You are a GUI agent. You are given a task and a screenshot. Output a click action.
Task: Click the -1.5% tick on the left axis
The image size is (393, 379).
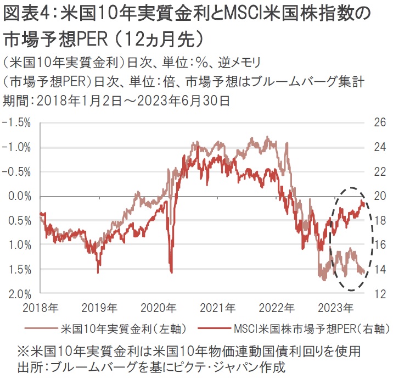[x=18, y=123]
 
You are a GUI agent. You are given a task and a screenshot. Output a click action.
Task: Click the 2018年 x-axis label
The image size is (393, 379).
[x=41, y=306]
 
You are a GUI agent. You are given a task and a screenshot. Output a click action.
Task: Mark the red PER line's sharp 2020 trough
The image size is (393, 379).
[x=172, y=271]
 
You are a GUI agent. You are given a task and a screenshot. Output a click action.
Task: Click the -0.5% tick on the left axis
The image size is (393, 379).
[x=18, y=172]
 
